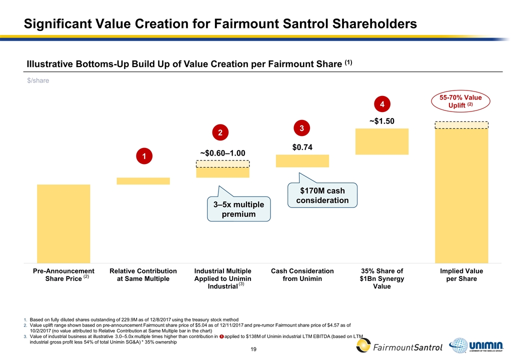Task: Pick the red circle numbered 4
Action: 382,105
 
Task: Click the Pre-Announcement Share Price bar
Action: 63,223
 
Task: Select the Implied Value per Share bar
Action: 461,195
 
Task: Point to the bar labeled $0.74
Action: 302,160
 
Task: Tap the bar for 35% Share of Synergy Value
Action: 382,141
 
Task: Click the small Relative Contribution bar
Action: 143,181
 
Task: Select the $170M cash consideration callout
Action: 322,195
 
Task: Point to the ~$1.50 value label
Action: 382,120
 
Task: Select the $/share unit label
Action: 38,80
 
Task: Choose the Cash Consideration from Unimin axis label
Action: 302,274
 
